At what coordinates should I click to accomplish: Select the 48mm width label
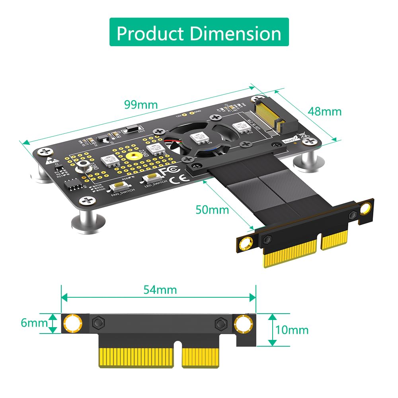click(324, 111)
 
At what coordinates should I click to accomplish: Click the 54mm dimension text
click(160, 289)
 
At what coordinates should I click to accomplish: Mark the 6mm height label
click(34, 323)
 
